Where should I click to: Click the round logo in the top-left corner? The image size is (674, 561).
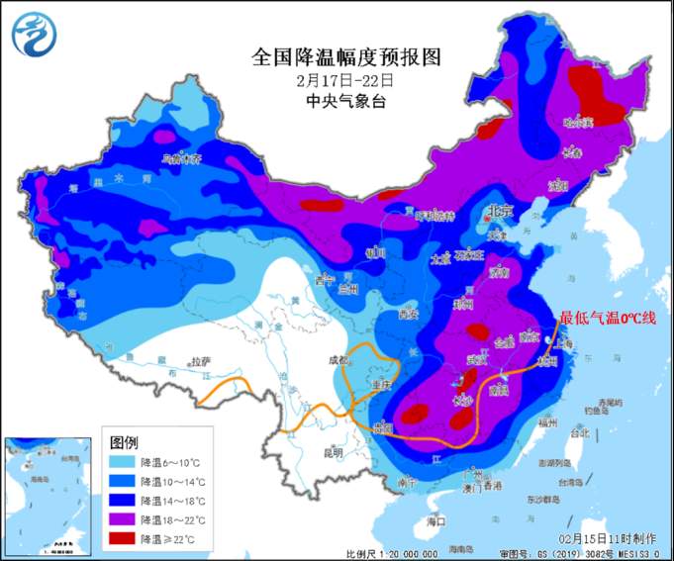[34, 34]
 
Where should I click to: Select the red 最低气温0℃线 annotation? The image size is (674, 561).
[608, 318]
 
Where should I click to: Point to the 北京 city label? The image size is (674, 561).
[500, 212]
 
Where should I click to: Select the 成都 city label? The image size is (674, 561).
[337, 361]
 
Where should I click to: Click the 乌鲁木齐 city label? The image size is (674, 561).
[182, 157]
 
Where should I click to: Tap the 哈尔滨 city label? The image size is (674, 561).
[577, 123]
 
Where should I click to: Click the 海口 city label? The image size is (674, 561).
[434, 520]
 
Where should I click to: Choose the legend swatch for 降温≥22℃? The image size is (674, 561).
[122, 538]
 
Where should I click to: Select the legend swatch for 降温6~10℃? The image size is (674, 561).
[122, 461]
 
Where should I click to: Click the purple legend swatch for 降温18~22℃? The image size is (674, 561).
[122, 519]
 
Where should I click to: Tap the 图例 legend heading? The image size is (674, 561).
[124, 440]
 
